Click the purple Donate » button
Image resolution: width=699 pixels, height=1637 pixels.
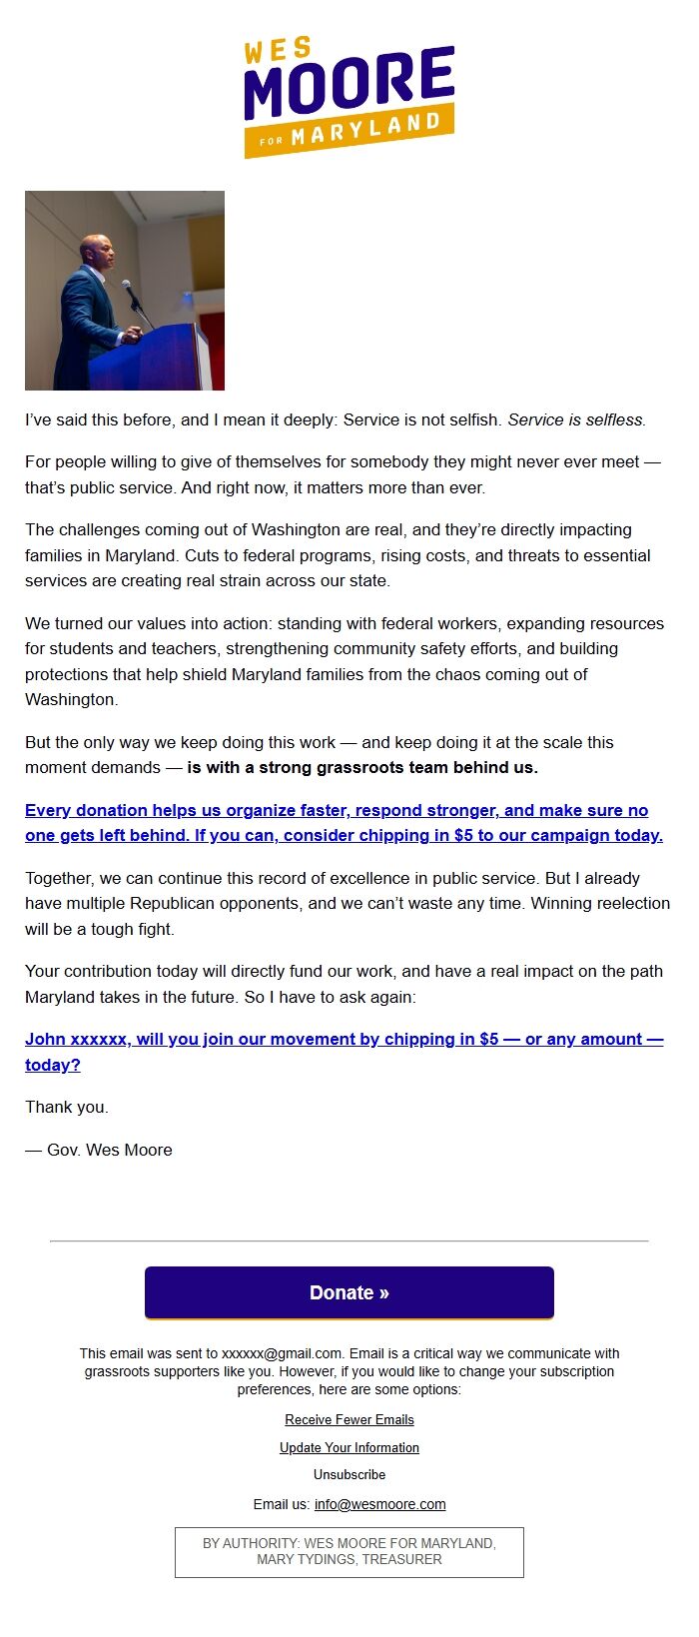coord(349,1292)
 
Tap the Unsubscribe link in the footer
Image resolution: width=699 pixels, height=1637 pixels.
coord(349,1474)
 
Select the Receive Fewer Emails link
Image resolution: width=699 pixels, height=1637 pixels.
coord(349,1419)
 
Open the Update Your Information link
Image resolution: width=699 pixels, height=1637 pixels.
coord(349,1447)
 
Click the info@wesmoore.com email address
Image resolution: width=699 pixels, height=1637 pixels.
coord(379,1504)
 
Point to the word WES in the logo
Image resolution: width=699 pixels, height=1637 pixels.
coord(278,50)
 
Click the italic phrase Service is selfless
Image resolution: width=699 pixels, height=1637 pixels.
coord(576,419)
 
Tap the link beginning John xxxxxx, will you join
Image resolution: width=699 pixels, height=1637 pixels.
coord(343,1039)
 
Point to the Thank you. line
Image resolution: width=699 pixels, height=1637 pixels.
coord(66,1107)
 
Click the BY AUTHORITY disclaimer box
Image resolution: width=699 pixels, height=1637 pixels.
coord(349,1551)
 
